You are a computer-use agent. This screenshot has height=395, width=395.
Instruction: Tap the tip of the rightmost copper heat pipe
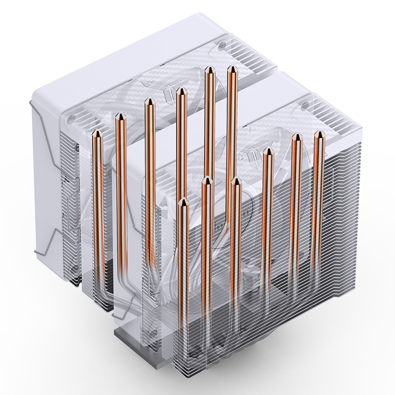(x=318, y=133)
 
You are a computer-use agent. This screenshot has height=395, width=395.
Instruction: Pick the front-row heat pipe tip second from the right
(x=296, y=136)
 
